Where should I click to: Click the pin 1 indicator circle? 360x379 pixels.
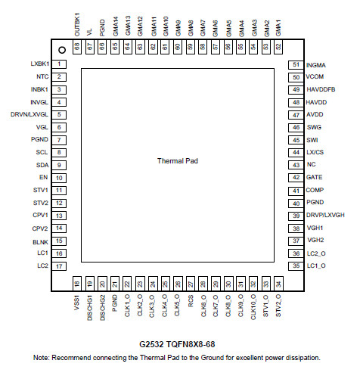[x=62, y=50]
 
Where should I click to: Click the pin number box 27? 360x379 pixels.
[x=191, y=284]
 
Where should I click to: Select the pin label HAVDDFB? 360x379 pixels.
[x=321, y=89]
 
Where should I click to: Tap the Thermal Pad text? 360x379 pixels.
[x=178, y=161]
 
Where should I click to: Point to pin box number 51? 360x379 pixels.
[x=296, y=64]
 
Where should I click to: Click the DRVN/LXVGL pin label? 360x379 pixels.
[x=29, y=114]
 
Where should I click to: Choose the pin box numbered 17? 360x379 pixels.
[x=59, y=266]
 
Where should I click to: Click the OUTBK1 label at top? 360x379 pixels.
[x=77, y=24]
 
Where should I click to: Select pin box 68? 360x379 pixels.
[x=77, y=47]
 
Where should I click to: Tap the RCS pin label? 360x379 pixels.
[x=191, y=301]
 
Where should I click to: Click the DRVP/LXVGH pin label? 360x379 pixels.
[x=325, y=215]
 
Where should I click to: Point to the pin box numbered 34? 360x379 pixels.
[x=278, y=284]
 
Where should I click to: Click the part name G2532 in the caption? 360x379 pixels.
[x=151, y=344]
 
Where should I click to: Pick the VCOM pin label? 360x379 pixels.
[x=315, y=76]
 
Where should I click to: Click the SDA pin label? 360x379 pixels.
[x=42, y=165]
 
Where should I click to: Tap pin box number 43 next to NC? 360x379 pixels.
[x=296, y=165]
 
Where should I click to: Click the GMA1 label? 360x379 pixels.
[x=278, y=28]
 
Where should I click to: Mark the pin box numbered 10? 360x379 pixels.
[x=59, y=178]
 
